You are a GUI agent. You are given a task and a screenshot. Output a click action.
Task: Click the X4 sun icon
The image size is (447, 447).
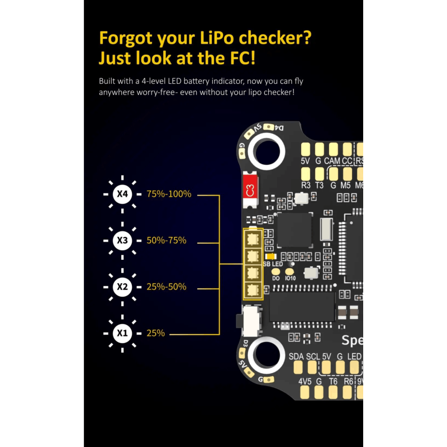coord(122,194)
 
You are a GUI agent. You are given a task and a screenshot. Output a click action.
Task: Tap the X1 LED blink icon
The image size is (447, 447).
coord(122,334)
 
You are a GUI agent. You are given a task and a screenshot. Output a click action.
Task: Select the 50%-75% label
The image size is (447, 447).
coord(167,241)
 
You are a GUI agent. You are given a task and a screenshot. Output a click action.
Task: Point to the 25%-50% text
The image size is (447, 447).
coord(167,287)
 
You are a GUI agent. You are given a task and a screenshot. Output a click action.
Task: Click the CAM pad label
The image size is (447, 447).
coord(332,161)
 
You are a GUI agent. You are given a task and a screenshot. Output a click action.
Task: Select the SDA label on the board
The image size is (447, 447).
coord(297,356)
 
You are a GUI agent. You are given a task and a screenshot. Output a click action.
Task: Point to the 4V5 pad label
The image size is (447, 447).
coord(305,382)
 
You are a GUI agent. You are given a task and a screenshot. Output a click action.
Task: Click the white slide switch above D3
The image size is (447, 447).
coord(248,322)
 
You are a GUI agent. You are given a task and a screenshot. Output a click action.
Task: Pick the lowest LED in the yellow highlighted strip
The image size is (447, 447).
coord(253,290)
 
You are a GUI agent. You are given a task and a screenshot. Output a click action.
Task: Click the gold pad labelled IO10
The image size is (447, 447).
coord(289,270)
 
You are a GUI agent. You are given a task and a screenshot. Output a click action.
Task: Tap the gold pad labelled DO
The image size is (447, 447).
coord(276,270)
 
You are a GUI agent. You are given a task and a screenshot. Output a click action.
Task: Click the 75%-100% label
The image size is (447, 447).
coord(169,194)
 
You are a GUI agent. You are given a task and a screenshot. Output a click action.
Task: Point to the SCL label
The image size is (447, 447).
coord(313,356)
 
